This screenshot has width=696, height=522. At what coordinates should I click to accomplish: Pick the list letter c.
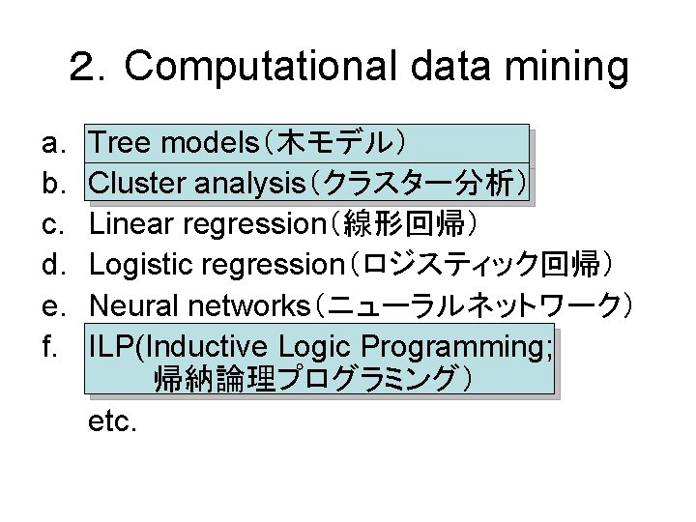coord(52,224)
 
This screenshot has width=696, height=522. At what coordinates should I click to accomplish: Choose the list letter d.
coord(52,264)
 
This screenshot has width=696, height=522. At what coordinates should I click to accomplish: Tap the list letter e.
coord(52,306)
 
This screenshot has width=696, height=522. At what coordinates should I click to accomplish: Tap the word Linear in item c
coord(130,223)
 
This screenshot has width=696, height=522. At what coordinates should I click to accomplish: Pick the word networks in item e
coord(255,306)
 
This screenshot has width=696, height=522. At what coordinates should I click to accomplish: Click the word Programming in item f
coord(460,345)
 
